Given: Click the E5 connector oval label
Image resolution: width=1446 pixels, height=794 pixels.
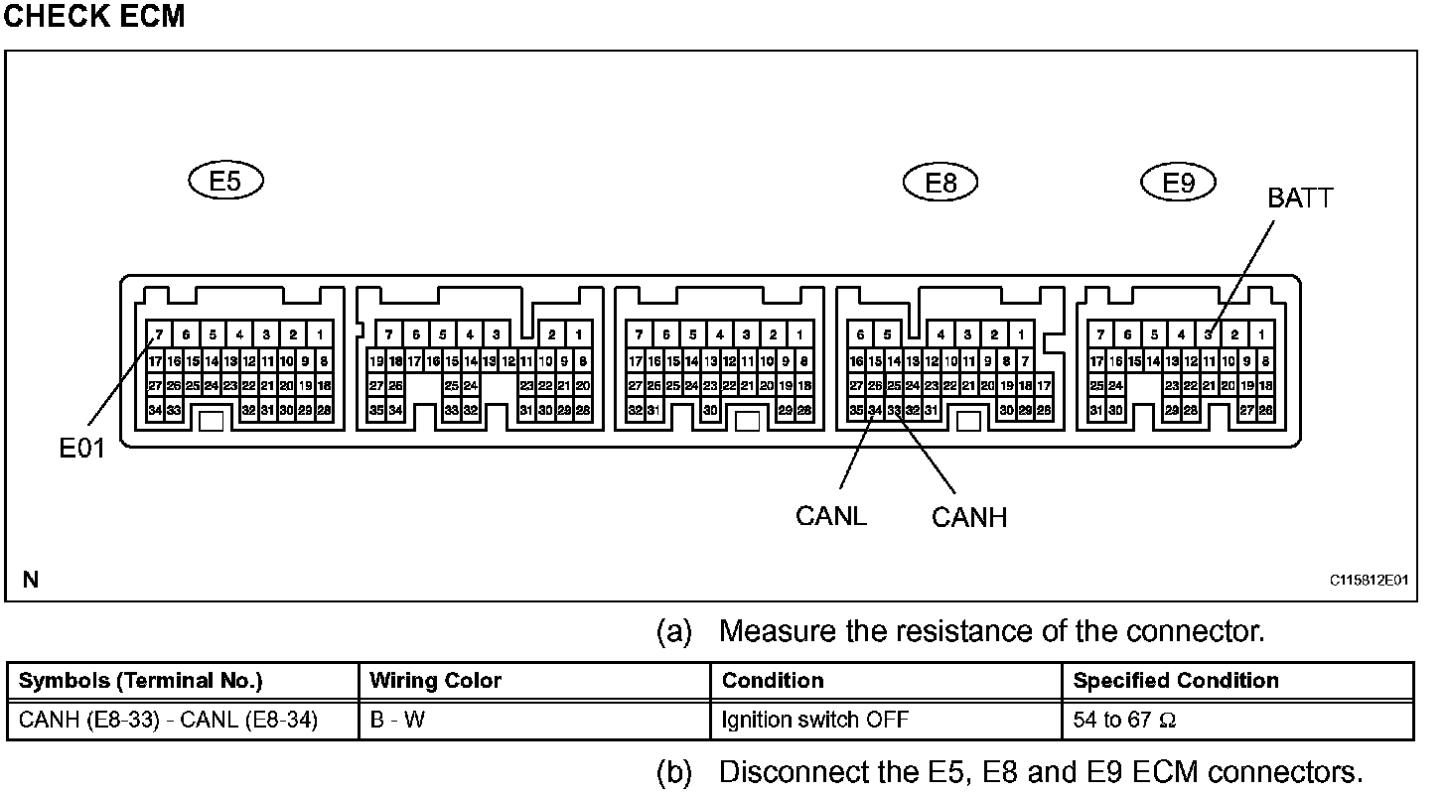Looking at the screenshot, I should (226, 182).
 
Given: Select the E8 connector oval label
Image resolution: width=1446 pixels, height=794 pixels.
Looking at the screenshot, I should (940, 182).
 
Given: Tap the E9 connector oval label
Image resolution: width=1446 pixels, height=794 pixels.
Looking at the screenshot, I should (1178, 182).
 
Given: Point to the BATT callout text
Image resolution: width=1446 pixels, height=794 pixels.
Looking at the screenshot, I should (1299, 198).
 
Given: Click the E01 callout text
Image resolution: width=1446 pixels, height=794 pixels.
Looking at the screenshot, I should (80, 450).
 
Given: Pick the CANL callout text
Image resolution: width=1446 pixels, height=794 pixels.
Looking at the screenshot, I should (831, 516).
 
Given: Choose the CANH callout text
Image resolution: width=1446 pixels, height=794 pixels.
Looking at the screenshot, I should (969, 517).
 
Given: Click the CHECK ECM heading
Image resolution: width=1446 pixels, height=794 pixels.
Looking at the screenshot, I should (94, 17).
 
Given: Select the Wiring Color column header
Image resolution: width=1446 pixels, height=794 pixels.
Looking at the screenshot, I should (435, 681).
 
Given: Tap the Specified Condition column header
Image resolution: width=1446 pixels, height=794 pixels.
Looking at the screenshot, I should (1176, 681).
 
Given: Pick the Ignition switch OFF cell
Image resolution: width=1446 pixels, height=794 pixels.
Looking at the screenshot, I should (814, 721).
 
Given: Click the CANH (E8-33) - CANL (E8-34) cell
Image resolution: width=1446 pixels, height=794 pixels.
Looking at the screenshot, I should (168, 721).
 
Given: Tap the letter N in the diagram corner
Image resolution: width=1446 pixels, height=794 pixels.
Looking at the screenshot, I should (31, 580).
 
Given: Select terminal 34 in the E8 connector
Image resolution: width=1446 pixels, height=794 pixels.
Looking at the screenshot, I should (875, 410).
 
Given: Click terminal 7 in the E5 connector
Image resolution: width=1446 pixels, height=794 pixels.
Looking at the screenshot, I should (159, 335).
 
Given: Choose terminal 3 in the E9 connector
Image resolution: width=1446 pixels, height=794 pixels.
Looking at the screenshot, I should (1209, 335).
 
